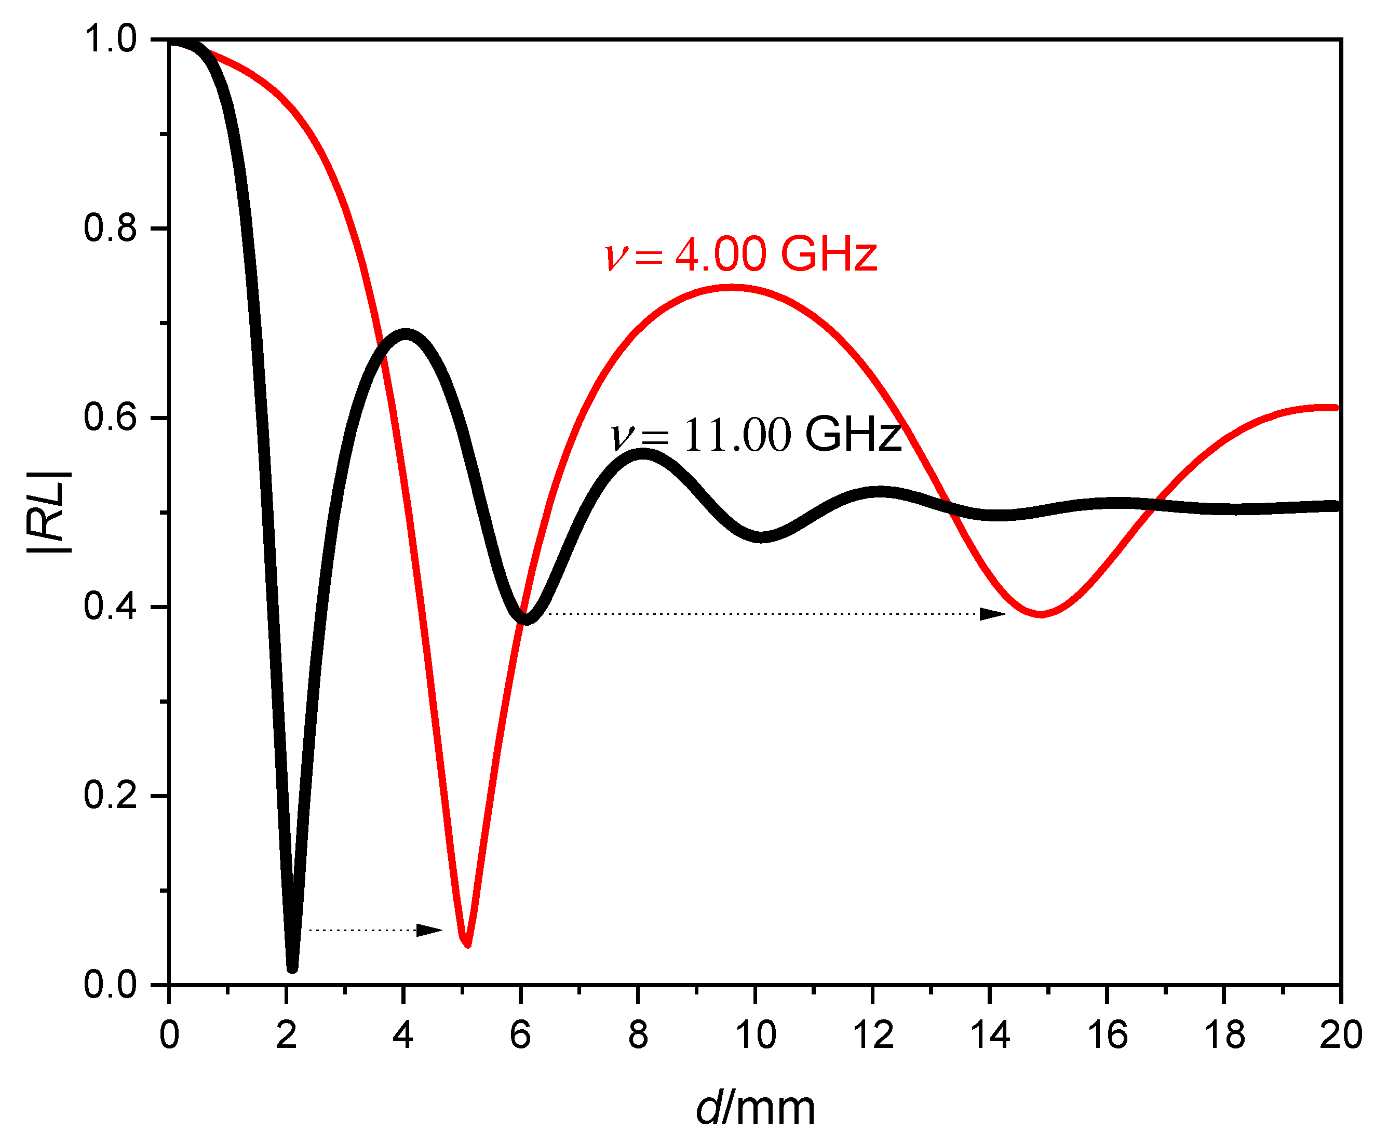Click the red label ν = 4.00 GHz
[x=741, y=254]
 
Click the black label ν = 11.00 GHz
[x=756, y=435]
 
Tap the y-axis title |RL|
[x=47, y=512]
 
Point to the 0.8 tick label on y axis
[x=110, y=228]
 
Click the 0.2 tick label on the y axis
[x=110, y=796]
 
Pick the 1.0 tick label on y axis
[x=110, y=39]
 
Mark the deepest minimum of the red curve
[x=467, y=944]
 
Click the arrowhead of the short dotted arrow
[x=432, y=931]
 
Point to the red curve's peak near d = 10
[x=732, y=287]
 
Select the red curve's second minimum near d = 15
[x=1041, y=614]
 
